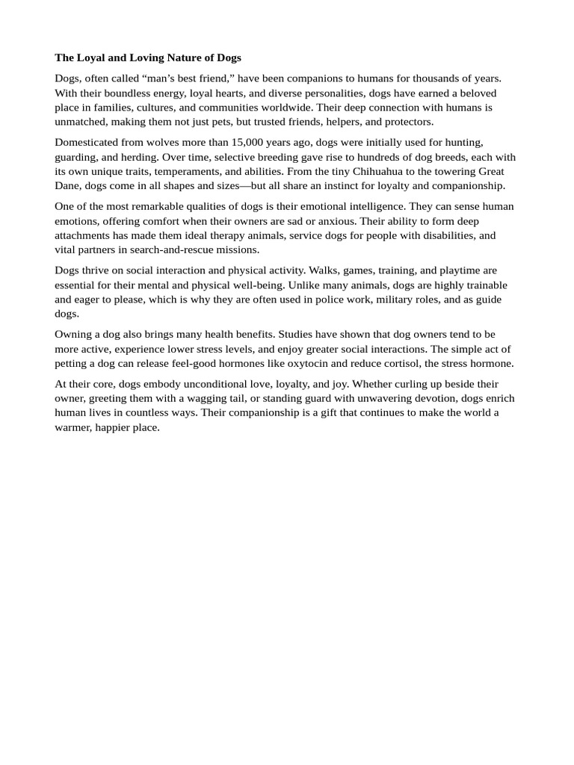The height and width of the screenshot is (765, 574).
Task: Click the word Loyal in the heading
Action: pos(91,58)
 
